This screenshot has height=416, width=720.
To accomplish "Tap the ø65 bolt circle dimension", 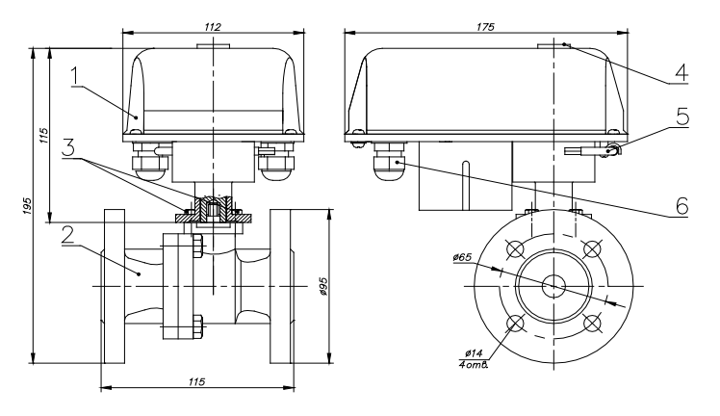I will (462, 257).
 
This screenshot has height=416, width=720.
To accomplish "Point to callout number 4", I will (681, 71).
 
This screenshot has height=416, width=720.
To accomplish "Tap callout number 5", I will (681, 117).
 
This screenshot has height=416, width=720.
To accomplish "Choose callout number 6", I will (681, 204).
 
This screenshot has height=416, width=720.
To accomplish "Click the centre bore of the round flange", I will (553, 286).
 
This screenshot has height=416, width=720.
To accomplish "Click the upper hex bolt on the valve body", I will (198, 248).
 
